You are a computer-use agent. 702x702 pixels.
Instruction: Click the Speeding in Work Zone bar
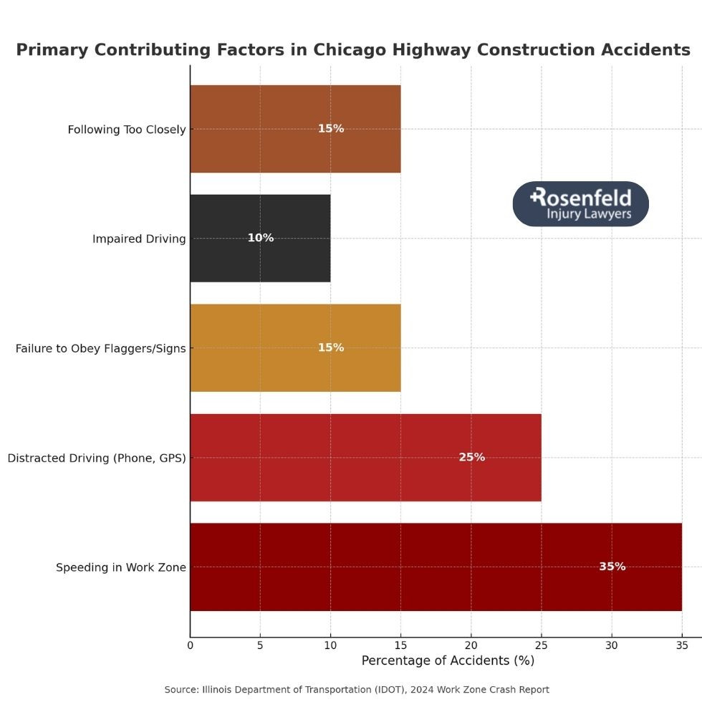(436, 567)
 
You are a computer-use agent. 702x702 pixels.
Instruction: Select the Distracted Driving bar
(365, 457)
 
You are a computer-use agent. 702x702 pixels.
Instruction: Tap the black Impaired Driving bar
(260, 238)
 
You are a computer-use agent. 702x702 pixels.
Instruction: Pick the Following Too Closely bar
(295, 129)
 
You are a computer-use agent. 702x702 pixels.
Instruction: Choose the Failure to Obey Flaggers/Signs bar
(295, 347)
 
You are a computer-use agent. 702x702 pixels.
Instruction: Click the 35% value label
(612, 567)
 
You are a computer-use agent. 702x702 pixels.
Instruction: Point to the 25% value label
(471, 457)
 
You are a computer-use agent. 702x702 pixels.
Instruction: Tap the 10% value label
(260, 238)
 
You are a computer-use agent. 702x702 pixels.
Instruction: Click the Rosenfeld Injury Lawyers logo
(580, 204)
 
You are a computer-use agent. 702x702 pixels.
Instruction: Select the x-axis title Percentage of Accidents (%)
(448, 660)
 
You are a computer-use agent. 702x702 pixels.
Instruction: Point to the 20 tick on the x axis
(471, 645)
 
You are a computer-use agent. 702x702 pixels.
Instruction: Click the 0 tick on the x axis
(190, 645)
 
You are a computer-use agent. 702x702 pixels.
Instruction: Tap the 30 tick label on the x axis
(612, 645)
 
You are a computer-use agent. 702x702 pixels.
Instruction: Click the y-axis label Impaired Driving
(139, 239)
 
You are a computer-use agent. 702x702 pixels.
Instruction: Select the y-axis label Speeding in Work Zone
(121, 567)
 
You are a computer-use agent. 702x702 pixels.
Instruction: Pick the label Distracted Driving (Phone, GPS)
(97, 458)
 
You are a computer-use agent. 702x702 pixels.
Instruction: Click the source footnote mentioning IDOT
(357, 689)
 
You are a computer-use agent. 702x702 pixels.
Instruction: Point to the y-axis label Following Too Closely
(127, 130)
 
